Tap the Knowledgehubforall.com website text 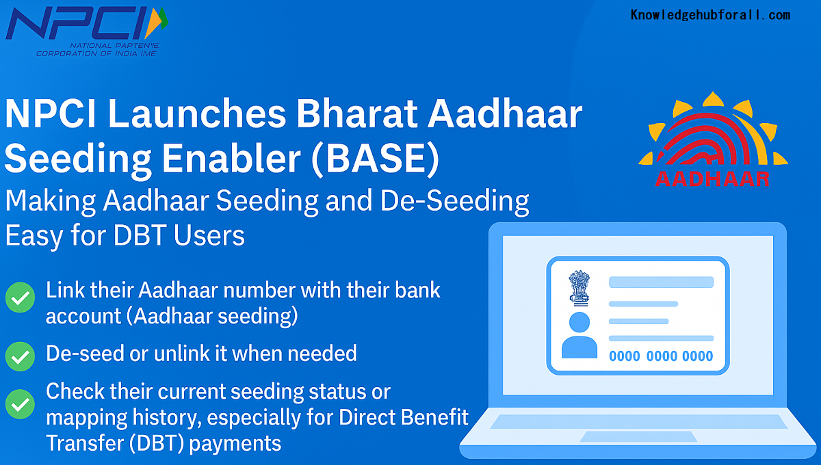710,15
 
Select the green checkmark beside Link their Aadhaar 21,298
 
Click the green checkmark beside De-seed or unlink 21,355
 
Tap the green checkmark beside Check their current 21,404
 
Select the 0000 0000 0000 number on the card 660,356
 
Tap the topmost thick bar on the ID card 661,282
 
